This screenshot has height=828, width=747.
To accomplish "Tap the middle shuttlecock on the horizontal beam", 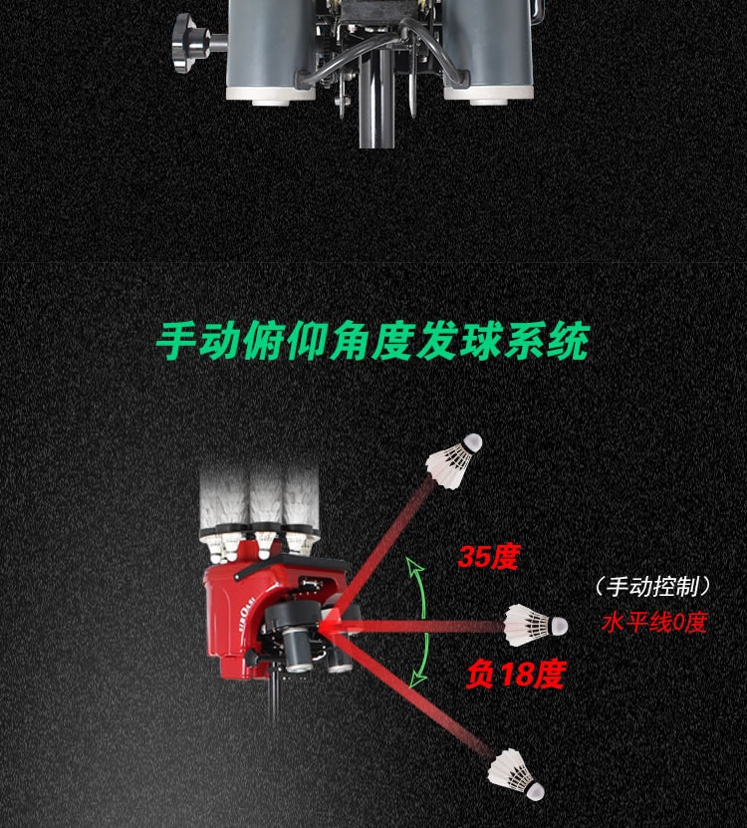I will [x=534, y=624].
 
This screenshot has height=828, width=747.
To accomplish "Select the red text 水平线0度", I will [x=654, y=624].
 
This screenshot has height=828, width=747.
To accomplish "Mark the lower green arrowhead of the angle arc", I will [x=420, y=678].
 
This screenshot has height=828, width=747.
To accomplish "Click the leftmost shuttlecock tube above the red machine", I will [x=222, y=503].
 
